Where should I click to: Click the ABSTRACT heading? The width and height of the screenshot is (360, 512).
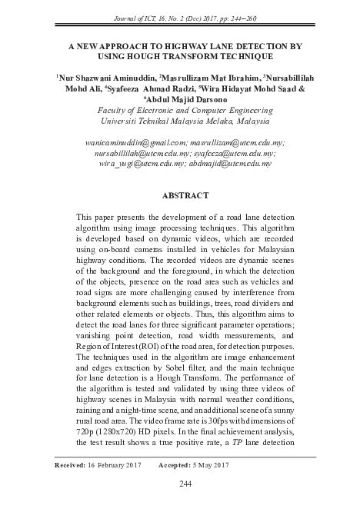pyautogui.click(x=179, y=196)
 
